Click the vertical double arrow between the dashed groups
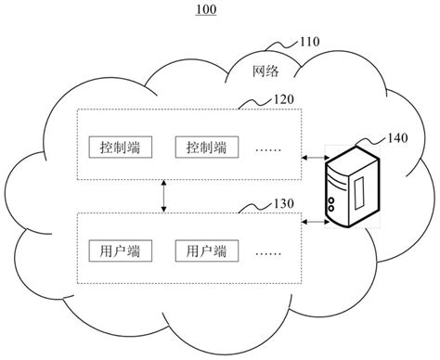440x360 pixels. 163,197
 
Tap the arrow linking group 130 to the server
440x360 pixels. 317,223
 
